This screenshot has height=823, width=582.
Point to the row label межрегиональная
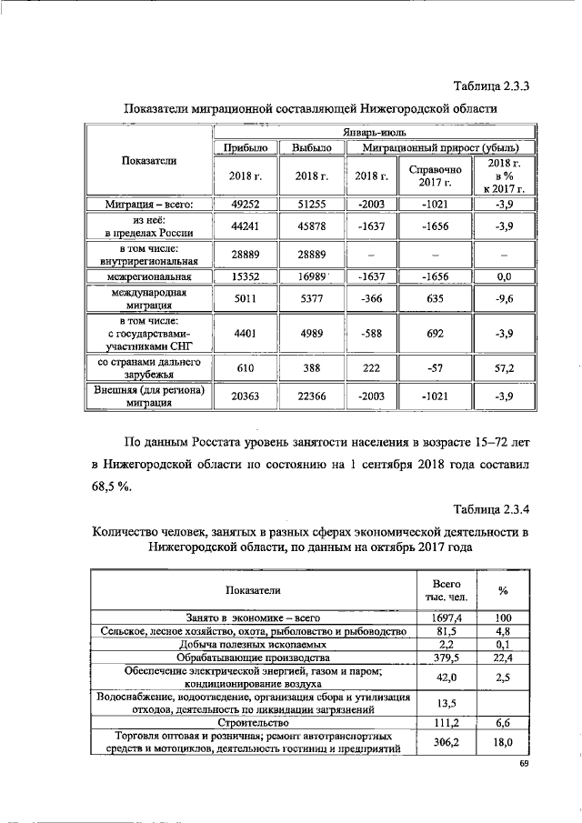click(x=149, y=276)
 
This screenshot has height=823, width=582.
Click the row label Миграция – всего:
click(x=149, y=205)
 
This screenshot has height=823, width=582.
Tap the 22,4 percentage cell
click(x=502, y=657)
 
